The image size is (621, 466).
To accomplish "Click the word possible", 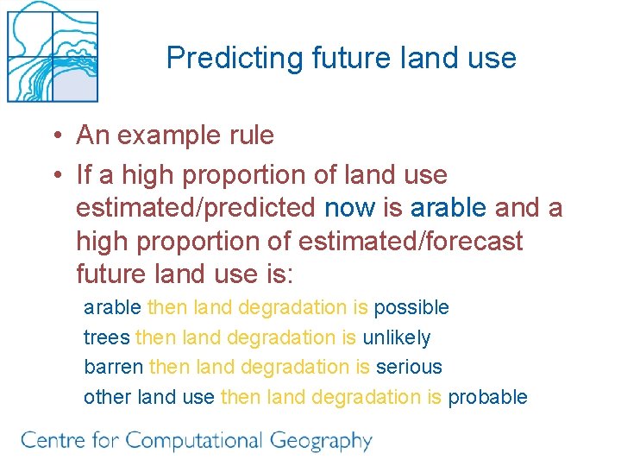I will [x=411, y=307].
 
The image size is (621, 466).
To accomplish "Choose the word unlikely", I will [x=396, y=337].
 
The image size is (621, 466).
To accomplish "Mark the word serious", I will [x=409, y=367].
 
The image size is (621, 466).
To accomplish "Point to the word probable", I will [x=487, y=397].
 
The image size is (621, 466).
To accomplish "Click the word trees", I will [x=106, y=337].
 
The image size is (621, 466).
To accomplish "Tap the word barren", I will [x=113, y=367].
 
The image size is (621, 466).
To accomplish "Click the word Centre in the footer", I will [x=53, y=440].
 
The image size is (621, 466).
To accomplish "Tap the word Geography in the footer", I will [x=320, y=442].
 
